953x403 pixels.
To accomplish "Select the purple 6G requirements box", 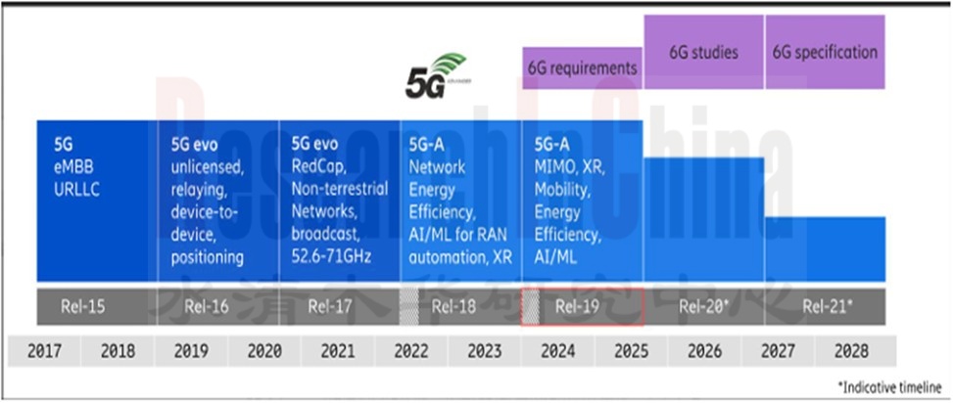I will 582,67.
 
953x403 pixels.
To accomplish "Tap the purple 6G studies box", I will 703,52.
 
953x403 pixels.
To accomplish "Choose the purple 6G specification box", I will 825,52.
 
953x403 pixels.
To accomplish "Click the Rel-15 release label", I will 82,306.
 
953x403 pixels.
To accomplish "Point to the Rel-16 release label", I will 206,306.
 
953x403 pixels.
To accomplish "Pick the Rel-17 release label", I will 331,306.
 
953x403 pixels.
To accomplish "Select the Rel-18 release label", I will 453,306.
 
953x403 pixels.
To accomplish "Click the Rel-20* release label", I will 702,306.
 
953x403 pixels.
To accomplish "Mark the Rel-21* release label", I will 827,306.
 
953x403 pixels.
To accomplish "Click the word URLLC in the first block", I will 77,189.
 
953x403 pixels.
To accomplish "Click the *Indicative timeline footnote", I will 889,388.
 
